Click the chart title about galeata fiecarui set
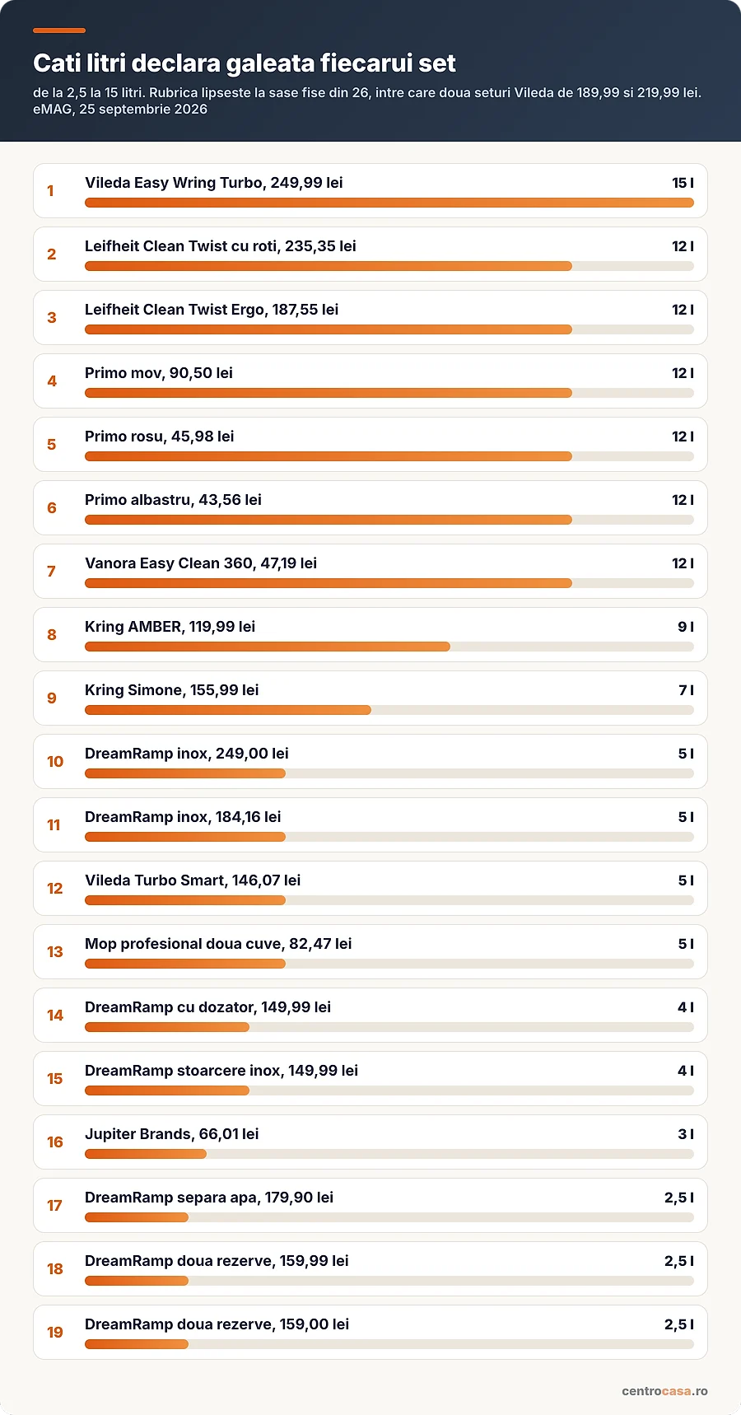point(245,63)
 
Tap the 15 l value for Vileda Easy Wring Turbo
point(683,183)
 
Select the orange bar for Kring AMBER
point(268,647)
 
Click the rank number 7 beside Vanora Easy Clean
point(52,572)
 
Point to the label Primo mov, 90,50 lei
point(159,373)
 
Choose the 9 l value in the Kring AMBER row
point(686,627)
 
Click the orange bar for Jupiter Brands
point(146,1154)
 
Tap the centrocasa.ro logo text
point(664,1391)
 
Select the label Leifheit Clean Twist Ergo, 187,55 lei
point(212,310)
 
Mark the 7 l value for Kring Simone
point(686,690)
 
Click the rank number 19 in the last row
point(55,1333)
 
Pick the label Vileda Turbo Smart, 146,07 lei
point(193,880)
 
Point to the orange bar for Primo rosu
point(329,456)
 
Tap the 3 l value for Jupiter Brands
point(686,1134)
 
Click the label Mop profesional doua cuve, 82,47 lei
point(218,944)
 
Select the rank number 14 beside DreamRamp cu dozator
point(55,1016)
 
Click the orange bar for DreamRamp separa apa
point(137,1217)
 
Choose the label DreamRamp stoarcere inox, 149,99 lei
point(221,1071)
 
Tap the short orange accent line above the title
point(59,30)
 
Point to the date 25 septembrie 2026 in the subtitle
point(143,110)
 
